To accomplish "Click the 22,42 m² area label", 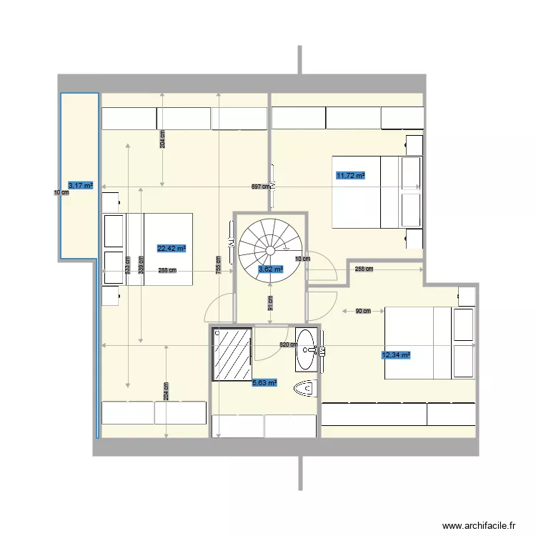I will [172, 249].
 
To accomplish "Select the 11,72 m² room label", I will [351, 175].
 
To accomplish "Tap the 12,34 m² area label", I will [396, 354].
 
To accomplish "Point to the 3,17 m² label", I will [80, 185].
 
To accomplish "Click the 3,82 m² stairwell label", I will [271, 269].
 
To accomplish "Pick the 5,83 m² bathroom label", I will [264, 384].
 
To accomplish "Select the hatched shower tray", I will [232, 354].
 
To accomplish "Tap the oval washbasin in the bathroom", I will [307, 349].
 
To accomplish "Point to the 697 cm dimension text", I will [260, 187].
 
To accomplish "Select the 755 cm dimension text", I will [217, 264].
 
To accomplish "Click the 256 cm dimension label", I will [364, 269].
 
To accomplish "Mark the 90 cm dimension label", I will [363, 311].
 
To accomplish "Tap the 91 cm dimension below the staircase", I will [270, 304].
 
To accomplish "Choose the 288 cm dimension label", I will [167, 271].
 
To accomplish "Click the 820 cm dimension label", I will [287, 345].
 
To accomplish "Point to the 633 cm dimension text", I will [128, 266].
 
